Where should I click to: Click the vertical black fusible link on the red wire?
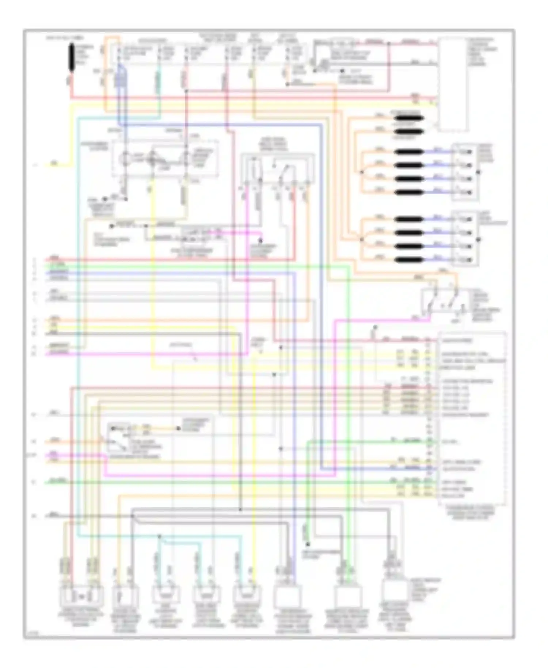coord(72,57)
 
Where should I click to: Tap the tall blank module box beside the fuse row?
coord(453,84)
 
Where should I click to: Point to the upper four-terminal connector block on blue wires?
coord(465,172)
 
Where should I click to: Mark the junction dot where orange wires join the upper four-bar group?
coord(362,172)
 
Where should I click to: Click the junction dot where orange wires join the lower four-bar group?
coord(362,239)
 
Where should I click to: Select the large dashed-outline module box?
coord(472,418)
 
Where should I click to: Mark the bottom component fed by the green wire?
coord(347,596)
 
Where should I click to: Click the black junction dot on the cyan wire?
coord(159,536)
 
